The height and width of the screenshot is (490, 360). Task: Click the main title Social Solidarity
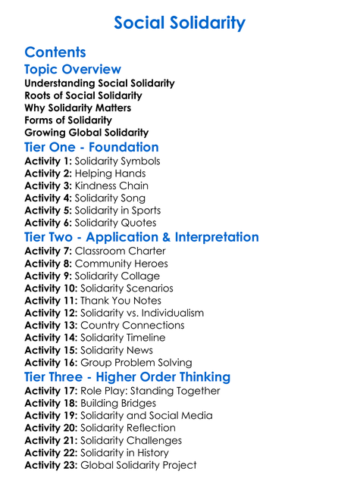pyautogui.click(x=180, y=23)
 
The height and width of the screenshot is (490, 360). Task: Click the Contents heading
pyautogui.click(x=55, y=52)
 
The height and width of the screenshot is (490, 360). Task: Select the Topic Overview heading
pyautogui.click(x=73, y=70)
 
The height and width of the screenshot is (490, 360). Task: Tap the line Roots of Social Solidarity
pyautogui.click(x=83, y=95)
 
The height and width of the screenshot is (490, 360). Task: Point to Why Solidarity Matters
pyautogui.click(x=77, y=108)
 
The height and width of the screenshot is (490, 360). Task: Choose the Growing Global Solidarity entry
pyautogui.click(x=86, y=133)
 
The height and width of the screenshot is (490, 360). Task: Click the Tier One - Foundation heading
pyautogui.click(x=92, y=147)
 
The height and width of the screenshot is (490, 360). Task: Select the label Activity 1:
pyautogui.click(x=48, y=161)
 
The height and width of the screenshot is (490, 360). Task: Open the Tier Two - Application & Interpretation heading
pyautogui.click(x=142, y=237)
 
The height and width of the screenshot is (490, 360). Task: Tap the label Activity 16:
pyautogui.click(x=51, y=363)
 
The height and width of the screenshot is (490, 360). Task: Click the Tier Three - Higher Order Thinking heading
pyautogui.click(x=127, y=377)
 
